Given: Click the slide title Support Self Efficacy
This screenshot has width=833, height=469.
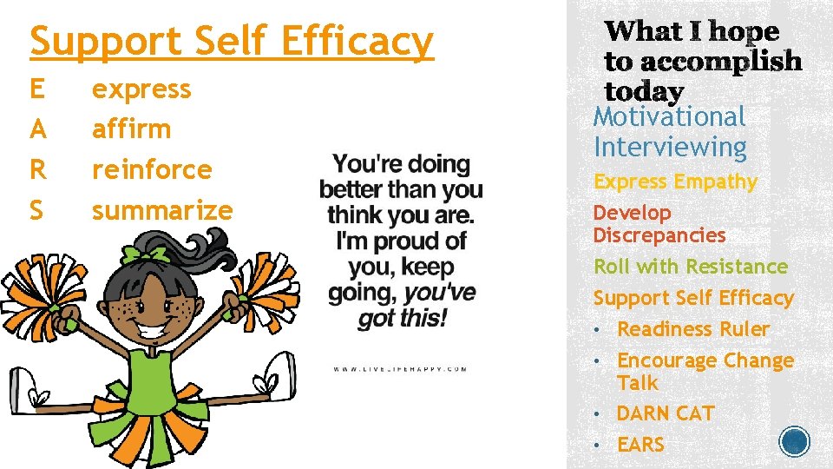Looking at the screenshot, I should [231, 42].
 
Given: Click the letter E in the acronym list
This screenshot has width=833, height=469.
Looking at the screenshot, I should [37, 89].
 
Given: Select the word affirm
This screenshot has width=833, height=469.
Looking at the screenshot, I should [131, 129].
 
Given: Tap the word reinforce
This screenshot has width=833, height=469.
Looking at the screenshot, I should [152, 169].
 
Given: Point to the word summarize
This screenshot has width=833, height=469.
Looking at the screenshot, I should [162, 210].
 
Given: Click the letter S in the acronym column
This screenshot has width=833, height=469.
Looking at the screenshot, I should [37, 210].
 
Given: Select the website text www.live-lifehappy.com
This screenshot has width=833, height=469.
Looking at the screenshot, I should [400, 369].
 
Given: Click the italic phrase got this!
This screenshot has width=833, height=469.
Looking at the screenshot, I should [403, 318].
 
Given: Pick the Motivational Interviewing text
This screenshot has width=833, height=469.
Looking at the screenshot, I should [670, 132].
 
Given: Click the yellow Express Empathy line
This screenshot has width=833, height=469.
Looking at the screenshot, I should [675, 182].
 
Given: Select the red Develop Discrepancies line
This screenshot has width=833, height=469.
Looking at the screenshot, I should [659, 224].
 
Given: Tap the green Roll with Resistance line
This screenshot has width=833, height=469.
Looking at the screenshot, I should [690, 267].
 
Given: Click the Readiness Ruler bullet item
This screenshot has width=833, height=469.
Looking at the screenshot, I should [692, 329].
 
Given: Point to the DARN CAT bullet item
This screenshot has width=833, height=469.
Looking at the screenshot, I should [665, 413].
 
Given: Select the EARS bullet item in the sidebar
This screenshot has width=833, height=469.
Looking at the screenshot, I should [640, 445].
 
